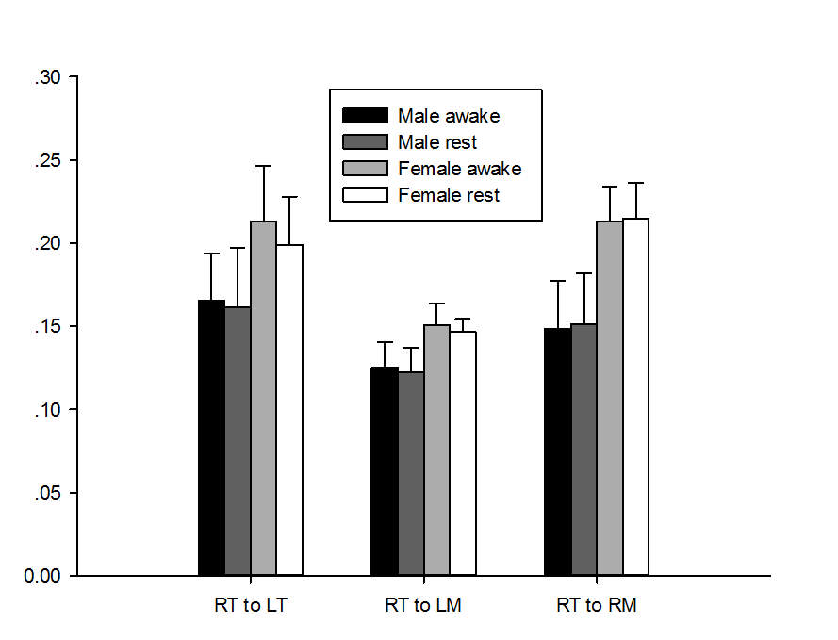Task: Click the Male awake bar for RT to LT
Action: [211, 437]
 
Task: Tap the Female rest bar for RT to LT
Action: [289, 409]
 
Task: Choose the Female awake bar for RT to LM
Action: [436, 450]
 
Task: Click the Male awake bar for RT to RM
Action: [557, 451]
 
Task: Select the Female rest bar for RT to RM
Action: [636, 396]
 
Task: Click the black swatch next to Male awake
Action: [365, 116]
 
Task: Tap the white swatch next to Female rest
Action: [365, 195]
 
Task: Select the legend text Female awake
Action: [459, 169]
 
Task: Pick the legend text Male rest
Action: [437, 142]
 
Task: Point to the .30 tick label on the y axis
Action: [47, 78]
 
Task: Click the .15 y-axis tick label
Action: [47, 327]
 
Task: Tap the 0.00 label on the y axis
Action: [43, 576]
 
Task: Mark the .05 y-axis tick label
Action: [47, 493]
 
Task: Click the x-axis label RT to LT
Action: [250, 605]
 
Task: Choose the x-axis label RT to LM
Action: [423, 605]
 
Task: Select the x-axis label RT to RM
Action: [597, 605]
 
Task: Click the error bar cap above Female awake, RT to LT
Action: [263, 166]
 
